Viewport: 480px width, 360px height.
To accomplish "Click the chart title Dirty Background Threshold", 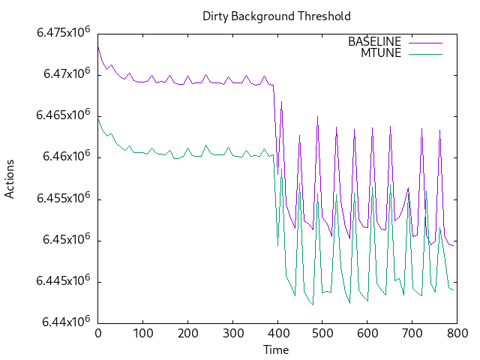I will pos(277,16).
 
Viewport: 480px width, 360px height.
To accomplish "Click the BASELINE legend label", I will pos(375,41).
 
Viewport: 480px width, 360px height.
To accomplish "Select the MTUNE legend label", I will pos(381,52).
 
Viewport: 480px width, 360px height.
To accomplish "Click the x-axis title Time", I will pos(276,349).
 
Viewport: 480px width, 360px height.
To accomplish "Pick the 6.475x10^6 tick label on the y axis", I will pos(64,33).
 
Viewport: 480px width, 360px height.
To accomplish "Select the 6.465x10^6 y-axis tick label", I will pos(64,115).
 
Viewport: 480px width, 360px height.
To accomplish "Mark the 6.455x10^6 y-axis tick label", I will pos(64,199).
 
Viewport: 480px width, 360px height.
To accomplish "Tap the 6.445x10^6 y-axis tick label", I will pos(64,281).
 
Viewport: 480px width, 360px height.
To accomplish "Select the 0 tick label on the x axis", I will pos(98,333).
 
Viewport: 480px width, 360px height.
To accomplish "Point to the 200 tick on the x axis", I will pos(187,333).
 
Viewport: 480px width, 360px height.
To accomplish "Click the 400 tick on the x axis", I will pos(277,333).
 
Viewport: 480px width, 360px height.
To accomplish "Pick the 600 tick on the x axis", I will pos(367,333).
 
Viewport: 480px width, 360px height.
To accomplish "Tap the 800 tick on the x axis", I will pos(457,333).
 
